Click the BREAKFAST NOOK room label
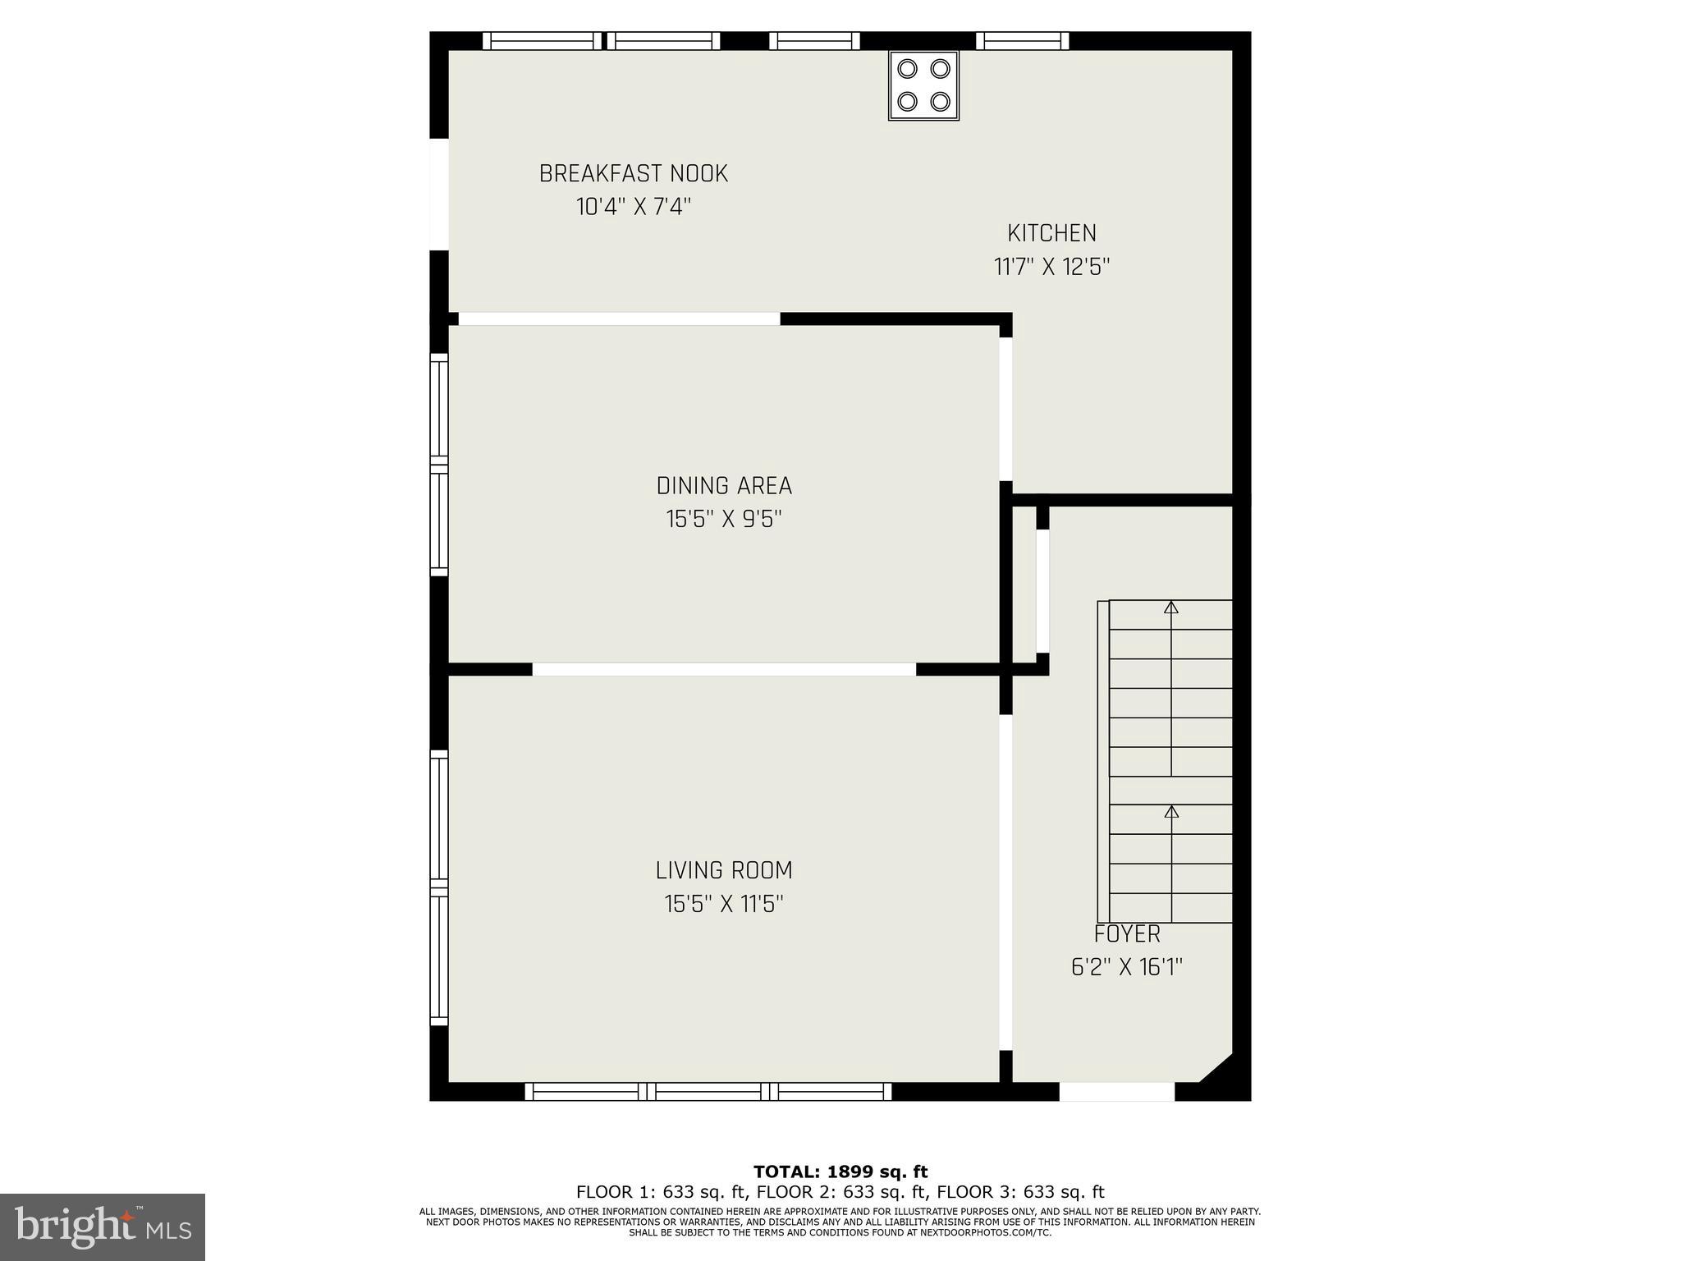(x=633, y=174)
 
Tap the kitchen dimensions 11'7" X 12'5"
(x=1051, y=268)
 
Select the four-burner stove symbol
(x=923, y=85)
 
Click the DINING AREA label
(x=724, y=486)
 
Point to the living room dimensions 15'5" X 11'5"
(x=724, y=905)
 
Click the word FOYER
(x=1127, y=934)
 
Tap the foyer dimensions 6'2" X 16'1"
(x=1126, y=968)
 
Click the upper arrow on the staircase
(x=1171, y=608)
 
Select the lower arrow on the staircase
(x=1171, y=812)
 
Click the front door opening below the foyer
(x=1116, y=1092)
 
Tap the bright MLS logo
(x=103, y=1227)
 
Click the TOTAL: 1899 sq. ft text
(x=840, y=1172)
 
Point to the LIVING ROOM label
(x=724, y=870)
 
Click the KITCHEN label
(x=1051, y=233)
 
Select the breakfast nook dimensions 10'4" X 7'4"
(x=633, y=207)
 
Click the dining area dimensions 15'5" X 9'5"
(x=724, y=520)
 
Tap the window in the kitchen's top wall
(x=1022, y=41)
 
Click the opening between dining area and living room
(x=724, y=669)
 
